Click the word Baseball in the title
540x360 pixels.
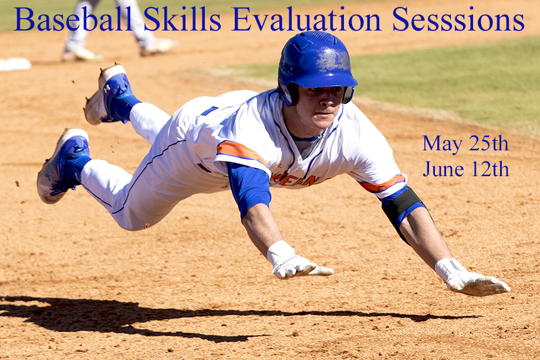click(x=73, y=19)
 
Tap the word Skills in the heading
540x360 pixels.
click(x=182, y=19)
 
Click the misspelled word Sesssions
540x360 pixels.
click(x=458, y=19)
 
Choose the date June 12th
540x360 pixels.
click(x=466, y=169)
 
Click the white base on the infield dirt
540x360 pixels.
click(x=15, y=64)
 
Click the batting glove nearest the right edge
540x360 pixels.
click(x=472, y=278)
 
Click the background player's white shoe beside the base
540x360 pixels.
click(x=81, y=55)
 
